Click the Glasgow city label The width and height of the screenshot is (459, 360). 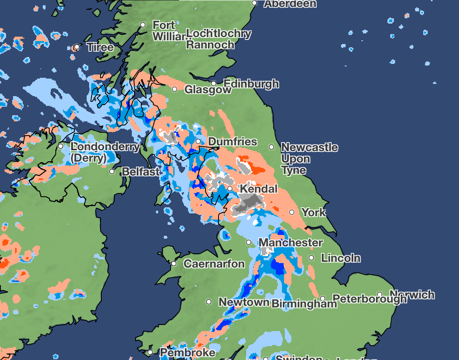(208, 90)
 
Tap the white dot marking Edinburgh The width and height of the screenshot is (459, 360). (213, 84)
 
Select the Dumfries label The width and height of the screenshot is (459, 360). (232, 142)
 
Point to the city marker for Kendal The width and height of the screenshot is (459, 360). (230, 189)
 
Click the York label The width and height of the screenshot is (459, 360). (313, 212)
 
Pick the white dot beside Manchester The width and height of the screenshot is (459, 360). (249, 242)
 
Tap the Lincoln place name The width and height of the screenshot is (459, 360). (341, 258)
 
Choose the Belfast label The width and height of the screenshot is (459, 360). (141, 172)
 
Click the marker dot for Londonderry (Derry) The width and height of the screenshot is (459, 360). (61, 146)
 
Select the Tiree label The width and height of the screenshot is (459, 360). (100, 47)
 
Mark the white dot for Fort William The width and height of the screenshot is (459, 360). (143, 25)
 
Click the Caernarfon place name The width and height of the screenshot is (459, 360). (214, 264)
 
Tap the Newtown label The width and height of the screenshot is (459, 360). (244, 302)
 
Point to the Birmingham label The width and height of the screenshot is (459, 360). (304, 304)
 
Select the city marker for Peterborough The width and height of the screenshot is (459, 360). (323, 299)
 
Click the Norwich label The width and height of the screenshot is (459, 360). (412, 294)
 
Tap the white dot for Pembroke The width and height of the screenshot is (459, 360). (150, 352)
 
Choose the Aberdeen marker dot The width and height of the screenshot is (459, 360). (254, 3)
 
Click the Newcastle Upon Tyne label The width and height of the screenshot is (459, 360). (309, 158)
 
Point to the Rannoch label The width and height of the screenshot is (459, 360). (210, 45)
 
